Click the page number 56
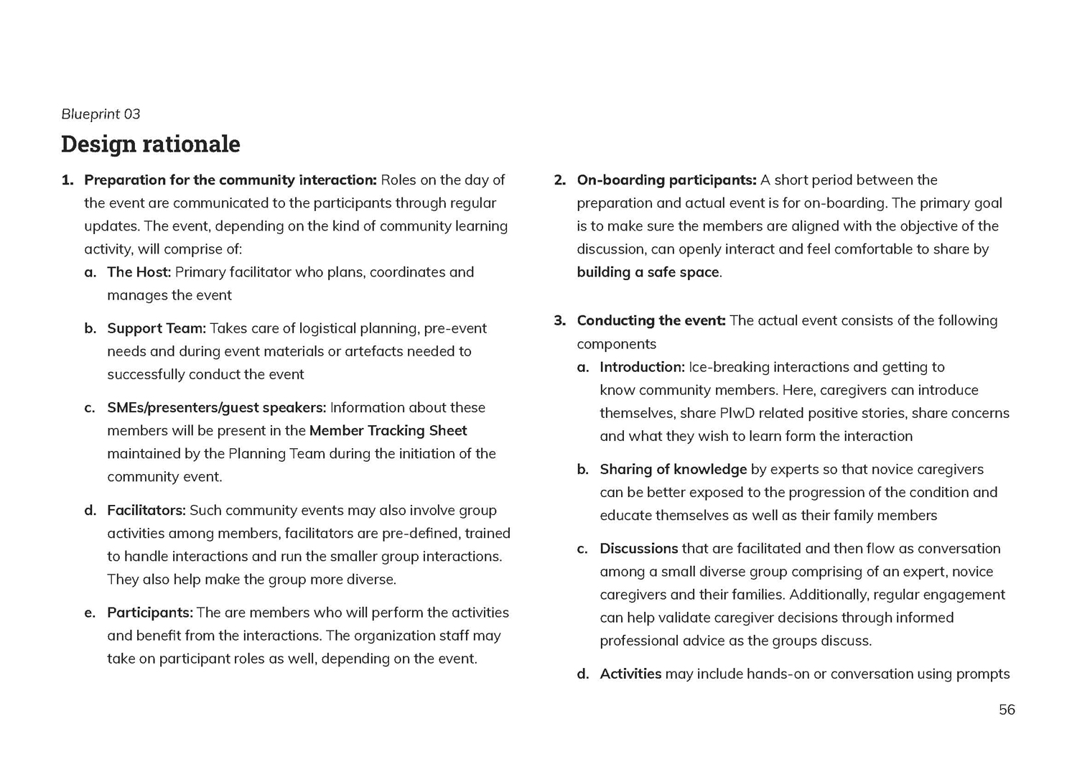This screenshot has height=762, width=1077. click(1007, 710)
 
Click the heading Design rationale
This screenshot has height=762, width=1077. click(151, 144)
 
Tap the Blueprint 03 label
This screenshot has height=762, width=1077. click(101, 113)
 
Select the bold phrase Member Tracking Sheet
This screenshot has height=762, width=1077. click(388, 430)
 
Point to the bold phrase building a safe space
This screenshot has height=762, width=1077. click(648, 272)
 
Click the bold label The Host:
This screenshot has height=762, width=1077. click(139, 272)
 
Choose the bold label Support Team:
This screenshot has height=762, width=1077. click(157, 328)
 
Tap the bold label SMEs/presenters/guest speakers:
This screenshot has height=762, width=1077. click(216, 407)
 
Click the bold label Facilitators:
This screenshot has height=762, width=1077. click(146, 510)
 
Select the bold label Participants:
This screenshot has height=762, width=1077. click(150, 613)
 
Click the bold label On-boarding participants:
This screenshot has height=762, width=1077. click(666, 180)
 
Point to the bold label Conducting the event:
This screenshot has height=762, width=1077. click(651, 320)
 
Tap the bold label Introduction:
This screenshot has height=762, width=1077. click(642, 367)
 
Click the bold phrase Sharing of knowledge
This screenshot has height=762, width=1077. click(673, 469)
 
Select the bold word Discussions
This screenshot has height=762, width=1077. click(638, 549)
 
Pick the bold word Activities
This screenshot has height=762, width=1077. click(630, 674)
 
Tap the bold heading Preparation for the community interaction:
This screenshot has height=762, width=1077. click(230, 180)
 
